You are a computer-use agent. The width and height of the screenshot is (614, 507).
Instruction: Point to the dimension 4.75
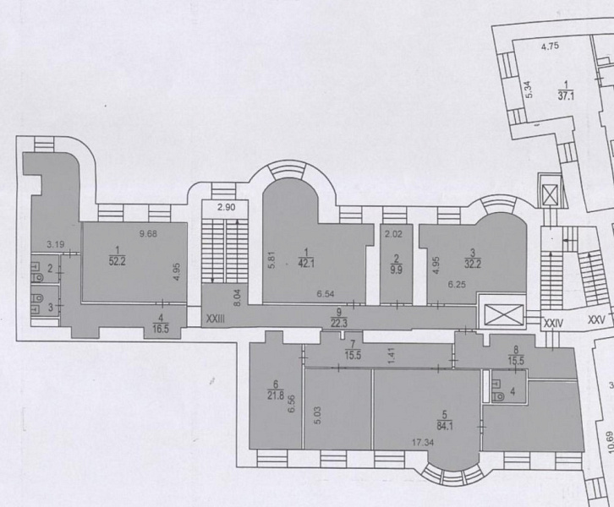(x=551, y=46)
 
